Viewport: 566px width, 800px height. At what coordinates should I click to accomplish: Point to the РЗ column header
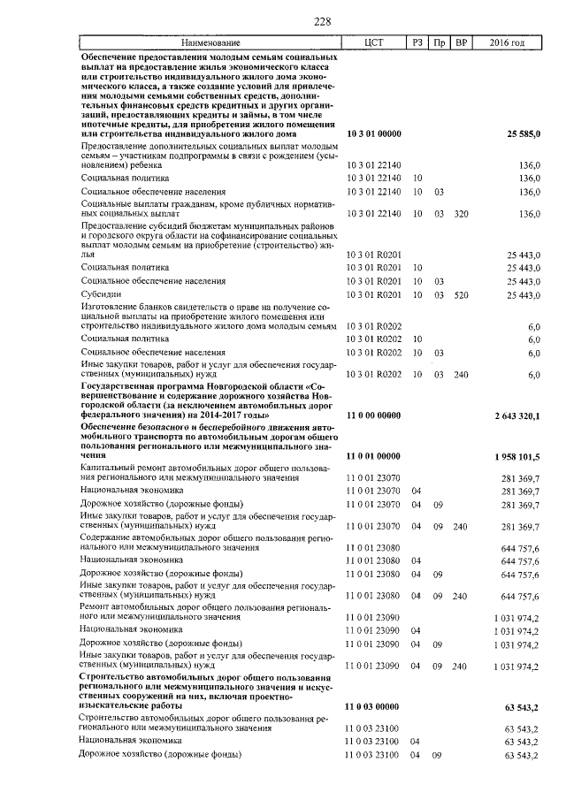coord(417,42)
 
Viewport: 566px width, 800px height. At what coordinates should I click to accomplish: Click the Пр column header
coord(439,42)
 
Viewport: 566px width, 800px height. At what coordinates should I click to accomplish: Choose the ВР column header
coord(460,42)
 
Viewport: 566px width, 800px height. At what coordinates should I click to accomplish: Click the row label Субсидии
coord(99,294)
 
